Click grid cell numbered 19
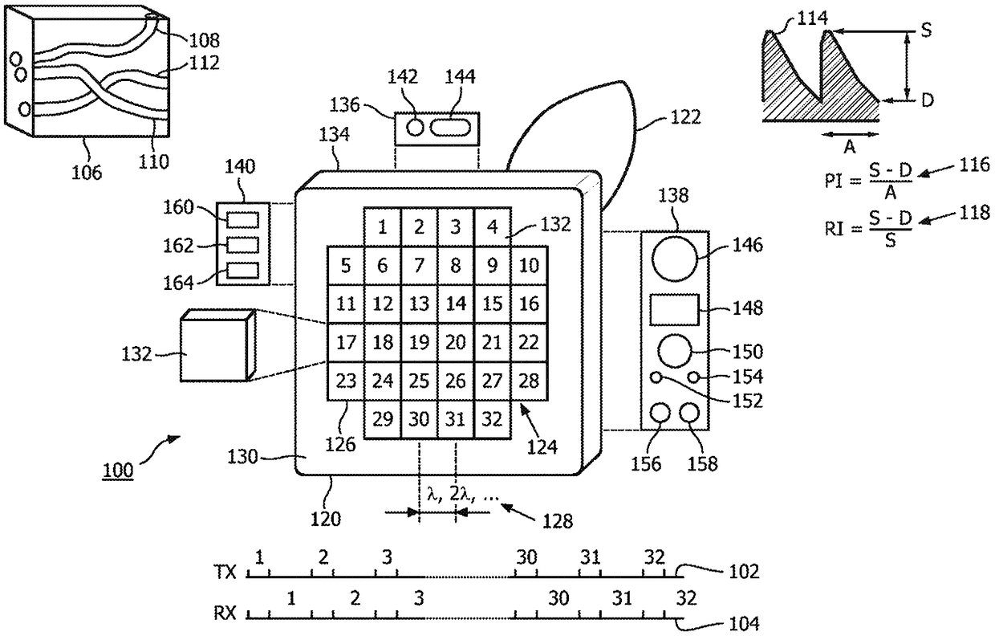419,342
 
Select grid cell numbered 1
383,227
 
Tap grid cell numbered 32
493,419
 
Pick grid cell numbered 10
529,266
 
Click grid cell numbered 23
346,381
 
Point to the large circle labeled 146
674,259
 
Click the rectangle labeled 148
674,309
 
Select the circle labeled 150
674,351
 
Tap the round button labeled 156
660,413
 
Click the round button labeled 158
689,413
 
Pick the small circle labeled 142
415,128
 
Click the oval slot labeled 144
450,128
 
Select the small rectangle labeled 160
242,220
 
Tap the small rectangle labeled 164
242,271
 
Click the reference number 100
118,471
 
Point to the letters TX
225,572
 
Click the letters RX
225,614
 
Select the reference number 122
685,117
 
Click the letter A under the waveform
849,146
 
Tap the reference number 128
558,521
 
